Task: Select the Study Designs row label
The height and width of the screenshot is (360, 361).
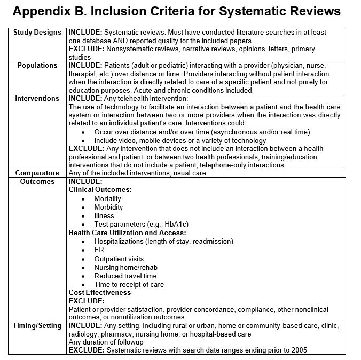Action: click(x=37, y=33)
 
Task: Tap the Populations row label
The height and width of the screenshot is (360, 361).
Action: click(x=37, y=66)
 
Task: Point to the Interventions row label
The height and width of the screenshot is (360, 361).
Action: click(x=37, y=99)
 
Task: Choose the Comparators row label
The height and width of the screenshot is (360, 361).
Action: click(x=37, y=173)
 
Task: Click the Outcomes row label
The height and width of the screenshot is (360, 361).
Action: click(x=37, y=182)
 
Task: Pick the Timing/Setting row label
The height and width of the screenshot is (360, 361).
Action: click(x=37, y=326)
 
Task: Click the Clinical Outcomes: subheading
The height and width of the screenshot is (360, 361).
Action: click(x=100, y=190)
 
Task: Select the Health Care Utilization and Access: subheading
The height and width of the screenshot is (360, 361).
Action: click(x=128, y=233)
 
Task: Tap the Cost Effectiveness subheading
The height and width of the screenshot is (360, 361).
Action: click(x=100, y=292)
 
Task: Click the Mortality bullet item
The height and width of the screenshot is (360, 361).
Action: click(x=107, y=198)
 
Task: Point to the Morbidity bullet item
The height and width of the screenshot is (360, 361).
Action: click(x=108, y=207)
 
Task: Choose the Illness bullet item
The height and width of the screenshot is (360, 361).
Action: click(x=104, y=215)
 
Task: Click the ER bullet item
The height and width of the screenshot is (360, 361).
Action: click(x=99, y=250)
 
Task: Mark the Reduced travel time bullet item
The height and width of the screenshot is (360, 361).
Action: click(x=125, y=276)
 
